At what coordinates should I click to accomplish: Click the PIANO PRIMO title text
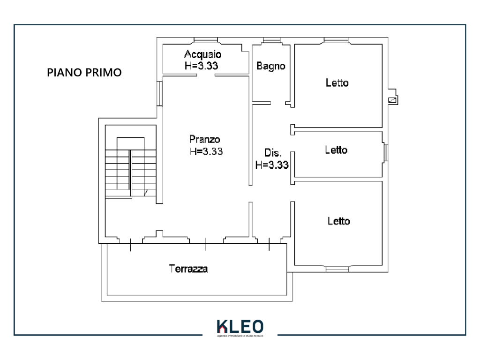[84, 73]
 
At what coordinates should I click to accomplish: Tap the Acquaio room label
[202, 54]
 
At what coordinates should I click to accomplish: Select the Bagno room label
[271, 66]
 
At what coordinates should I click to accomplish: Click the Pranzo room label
[204, 140]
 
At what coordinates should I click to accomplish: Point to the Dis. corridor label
[273, 152]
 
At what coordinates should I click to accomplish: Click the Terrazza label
[188, 269]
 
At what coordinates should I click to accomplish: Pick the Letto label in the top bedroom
[337, 82]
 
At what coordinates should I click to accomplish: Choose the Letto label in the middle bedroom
[336, 150]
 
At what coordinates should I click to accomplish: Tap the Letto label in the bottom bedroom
[338, 221]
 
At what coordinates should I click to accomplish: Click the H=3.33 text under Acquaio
[202, 66]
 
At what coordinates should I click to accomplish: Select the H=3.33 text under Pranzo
[206, 151]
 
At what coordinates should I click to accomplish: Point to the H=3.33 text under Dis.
[272, 165]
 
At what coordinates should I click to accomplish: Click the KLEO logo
[240, 327]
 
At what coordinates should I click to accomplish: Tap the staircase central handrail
[130, 170]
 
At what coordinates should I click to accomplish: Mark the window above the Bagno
[271, 40]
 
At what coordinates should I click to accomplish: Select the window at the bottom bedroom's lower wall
[337, 270]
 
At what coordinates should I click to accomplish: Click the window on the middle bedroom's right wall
[386, 152]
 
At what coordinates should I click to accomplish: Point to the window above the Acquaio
[206, 40]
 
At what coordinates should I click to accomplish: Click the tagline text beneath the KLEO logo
[240, 336]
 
